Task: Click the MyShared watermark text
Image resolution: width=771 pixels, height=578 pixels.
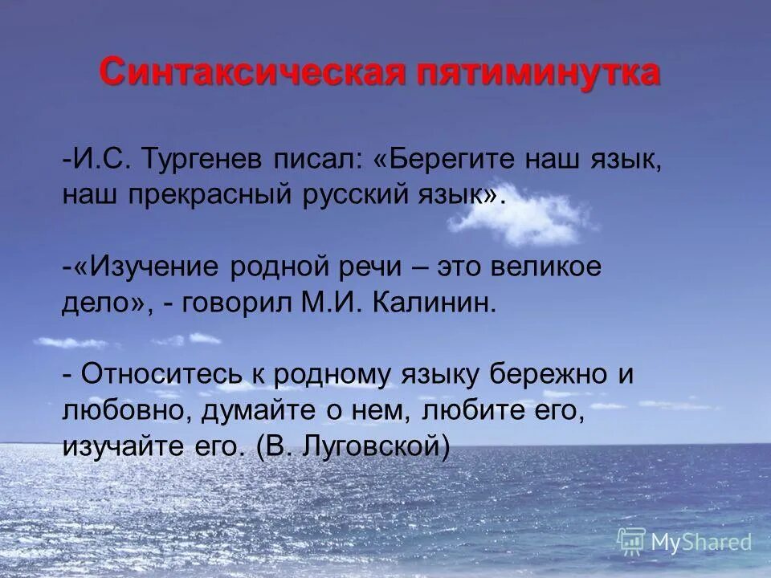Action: tap(700, 543)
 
